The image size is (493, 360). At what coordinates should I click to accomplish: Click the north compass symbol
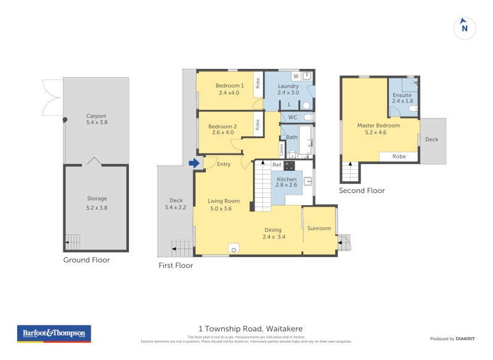click(465, 28)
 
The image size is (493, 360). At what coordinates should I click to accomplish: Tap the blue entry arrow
click(194, 163)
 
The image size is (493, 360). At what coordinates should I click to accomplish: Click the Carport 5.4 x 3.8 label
click(96, 119)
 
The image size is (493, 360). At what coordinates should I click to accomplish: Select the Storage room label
click(97, 202)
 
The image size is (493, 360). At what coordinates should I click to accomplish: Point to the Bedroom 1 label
click(230, 89)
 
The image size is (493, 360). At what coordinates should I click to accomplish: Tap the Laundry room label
click(288, 89)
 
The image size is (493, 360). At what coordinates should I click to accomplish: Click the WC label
click(293, 117)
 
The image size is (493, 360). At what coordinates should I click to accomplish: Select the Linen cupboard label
click(282, 149)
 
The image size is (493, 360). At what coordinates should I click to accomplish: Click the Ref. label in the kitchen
click(277, 165)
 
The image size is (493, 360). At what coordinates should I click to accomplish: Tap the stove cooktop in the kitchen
click(289, 165)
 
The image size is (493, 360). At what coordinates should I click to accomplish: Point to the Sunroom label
click(319, 229)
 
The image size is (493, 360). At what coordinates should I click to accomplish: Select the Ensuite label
click(402, 99)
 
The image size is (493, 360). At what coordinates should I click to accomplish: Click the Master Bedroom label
click(378, 129)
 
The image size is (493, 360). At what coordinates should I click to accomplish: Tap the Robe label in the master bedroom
click(399, 157)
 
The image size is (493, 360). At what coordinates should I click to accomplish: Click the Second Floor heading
click(362, 190)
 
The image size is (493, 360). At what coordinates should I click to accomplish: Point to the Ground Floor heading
click(86, 260)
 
